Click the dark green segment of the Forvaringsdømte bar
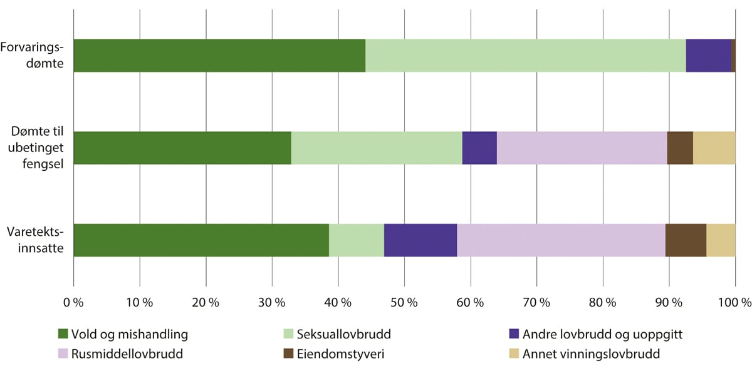(219, 56)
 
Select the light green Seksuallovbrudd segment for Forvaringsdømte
(525, 56)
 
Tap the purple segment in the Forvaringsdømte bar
(708, 56)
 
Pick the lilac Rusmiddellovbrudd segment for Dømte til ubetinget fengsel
(582, 148)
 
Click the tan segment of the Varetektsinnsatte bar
(721, 240)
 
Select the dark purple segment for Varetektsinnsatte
(420, 240)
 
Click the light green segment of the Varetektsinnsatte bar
(356, 240)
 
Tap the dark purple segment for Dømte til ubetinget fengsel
(479, 148)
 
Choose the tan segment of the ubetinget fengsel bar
(714, 148)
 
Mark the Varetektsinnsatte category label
(36, 239)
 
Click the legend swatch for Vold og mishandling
(62, 334)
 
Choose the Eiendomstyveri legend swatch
(288, 354)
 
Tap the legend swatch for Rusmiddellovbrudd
(62, 354)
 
